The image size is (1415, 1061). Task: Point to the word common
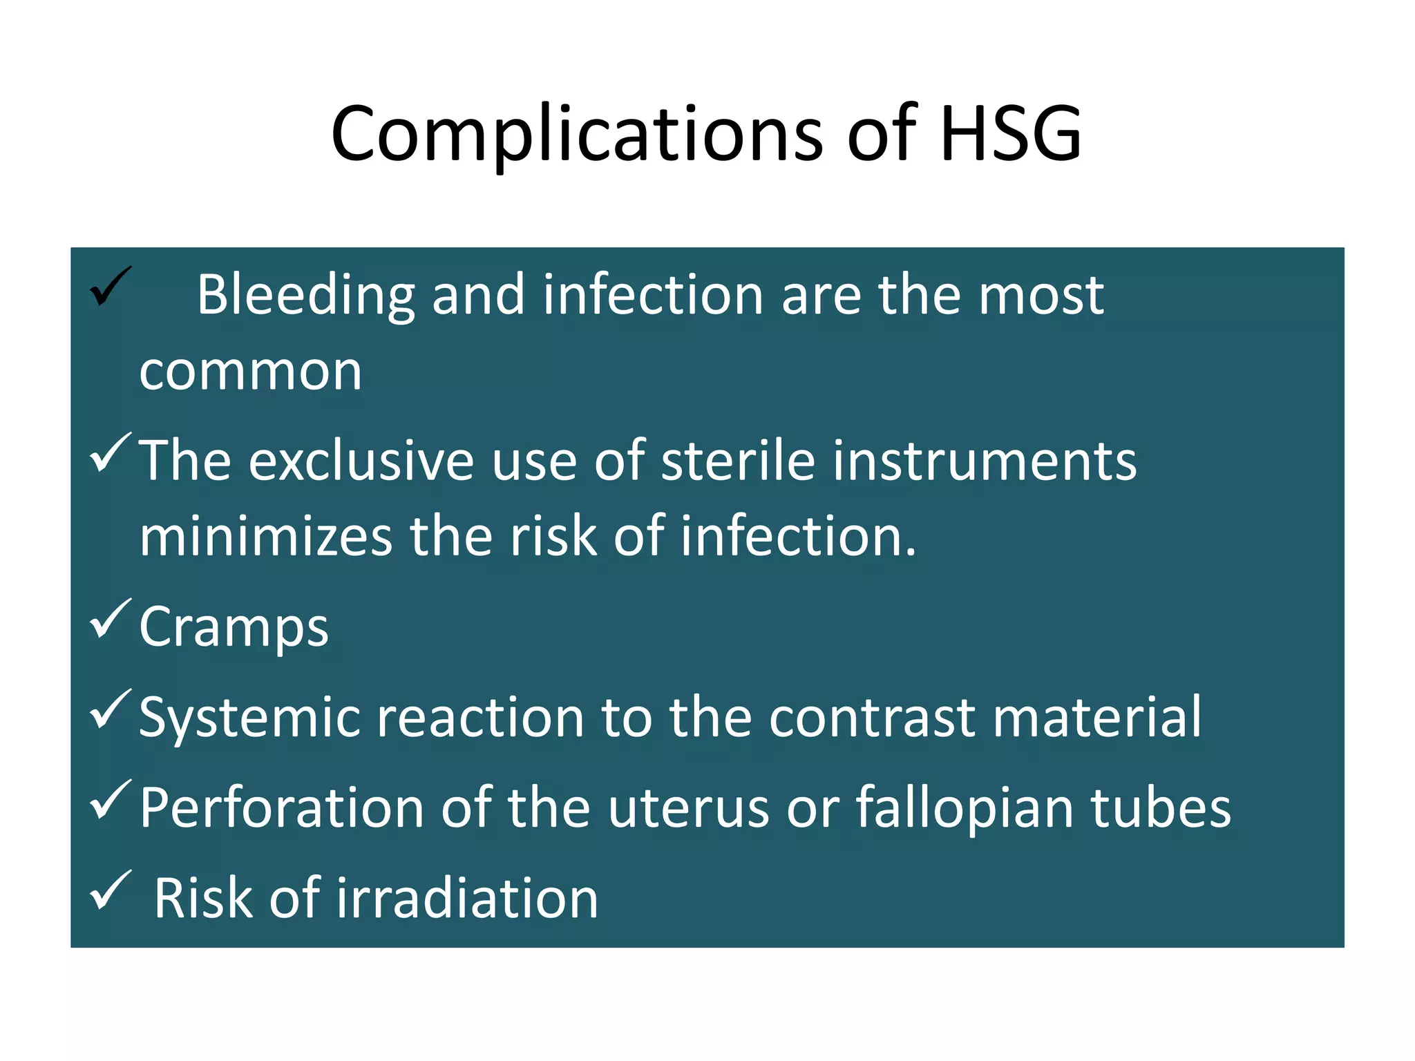click(250, 372)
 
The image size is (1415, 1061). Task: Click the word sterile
click(738, 461)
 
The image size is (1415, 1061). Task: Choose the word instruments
click(984, 461)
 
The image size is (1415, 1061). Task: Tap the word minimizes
click(266, 537)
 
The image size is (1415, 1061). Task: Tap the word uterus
click(688, 808)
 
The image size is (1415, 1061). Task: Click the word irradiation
click(467, 899)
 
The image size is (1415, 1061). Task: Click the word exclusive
click(361, 461)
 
